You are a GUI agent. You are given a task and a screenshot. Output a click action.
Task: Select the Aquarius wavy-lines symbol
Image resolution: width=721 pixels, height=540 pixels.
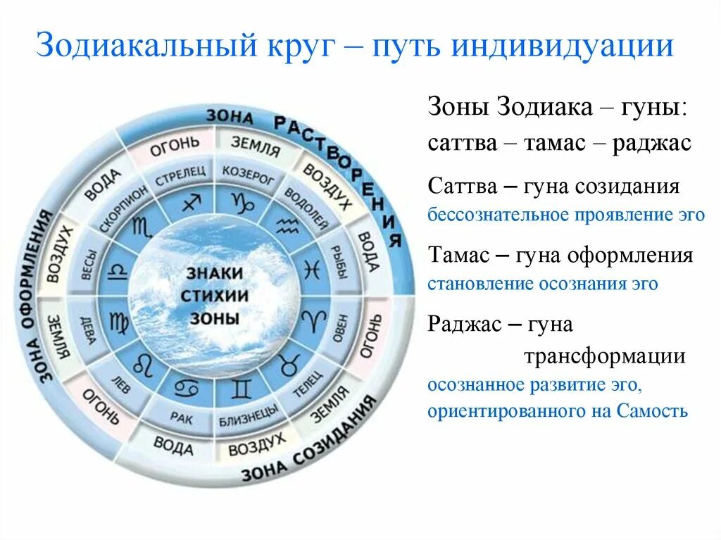[x=287, y=225]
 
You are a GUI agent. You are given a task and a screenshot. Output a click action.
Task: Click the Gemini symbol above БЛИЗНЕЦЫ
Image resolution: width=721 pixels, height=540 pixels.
[x=242, y=387]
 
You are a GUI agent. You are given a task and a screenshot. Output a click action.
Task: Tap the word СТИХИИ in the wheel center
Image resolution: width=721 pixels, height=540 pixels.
[x=214, y=295]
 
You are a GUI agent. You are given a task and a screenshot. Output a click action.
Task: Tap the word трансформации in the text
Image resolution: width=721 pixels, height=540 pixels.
[x=603, y=356]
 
